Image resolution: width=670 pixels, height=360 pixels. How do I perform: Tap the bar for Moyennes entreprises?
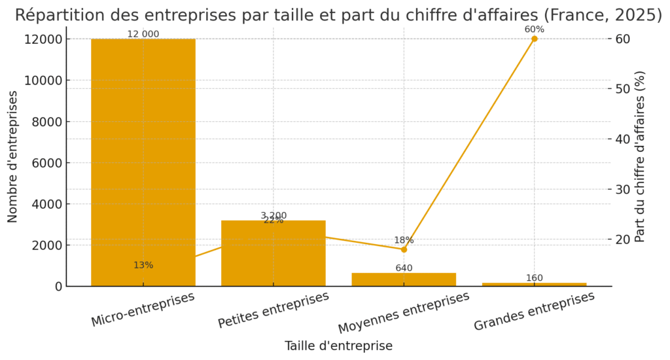tap(404, 279)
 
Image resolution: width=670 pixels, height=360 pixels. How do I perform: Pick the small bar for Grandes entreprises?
tap(534, 284)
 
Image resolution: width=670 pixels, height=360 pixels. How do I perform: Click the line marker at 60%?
tap(534, 39)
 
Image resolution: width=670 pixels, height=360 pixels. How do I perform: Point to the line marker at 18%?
tap(404, 249)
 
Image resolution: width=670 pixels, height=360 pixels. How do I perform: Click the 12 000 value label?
tap(143, 34)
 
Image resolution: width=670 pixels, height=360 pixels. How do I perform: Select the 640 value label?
tap(404, 268)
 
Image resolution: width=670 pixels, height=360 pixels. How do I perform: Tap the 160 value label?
tap(534, 278)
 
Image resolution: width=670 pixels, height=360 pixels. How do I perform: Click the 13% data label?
tap(143, 265)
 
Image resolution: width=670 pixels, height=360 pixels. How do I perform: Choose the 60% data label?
tap(534, 29)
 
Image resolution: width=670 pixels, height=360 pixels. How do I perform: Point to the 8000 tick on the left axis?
tap(48, 122)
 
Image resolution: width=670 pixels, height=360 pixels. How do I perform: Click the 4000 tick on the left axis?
tap(48, 204)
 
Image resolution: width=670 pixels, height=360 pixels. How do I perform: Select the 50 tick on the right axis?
tap(623, 89)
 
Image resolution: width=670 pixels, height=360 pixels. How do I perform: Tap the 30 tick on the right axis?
tap(623, 189)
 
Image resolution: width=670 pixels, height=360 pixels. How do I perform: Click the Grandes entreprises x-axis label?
tap(534, 310)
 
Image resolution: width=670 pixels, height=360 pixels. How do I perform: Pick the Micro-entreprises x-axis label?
tap(143, 310)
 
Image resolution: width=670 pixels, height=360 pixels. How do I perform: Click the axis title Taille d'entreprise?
tap(338, 346)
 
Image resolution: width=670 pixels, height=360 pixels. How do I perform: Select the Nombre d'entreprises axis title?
tap(13, 157)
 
